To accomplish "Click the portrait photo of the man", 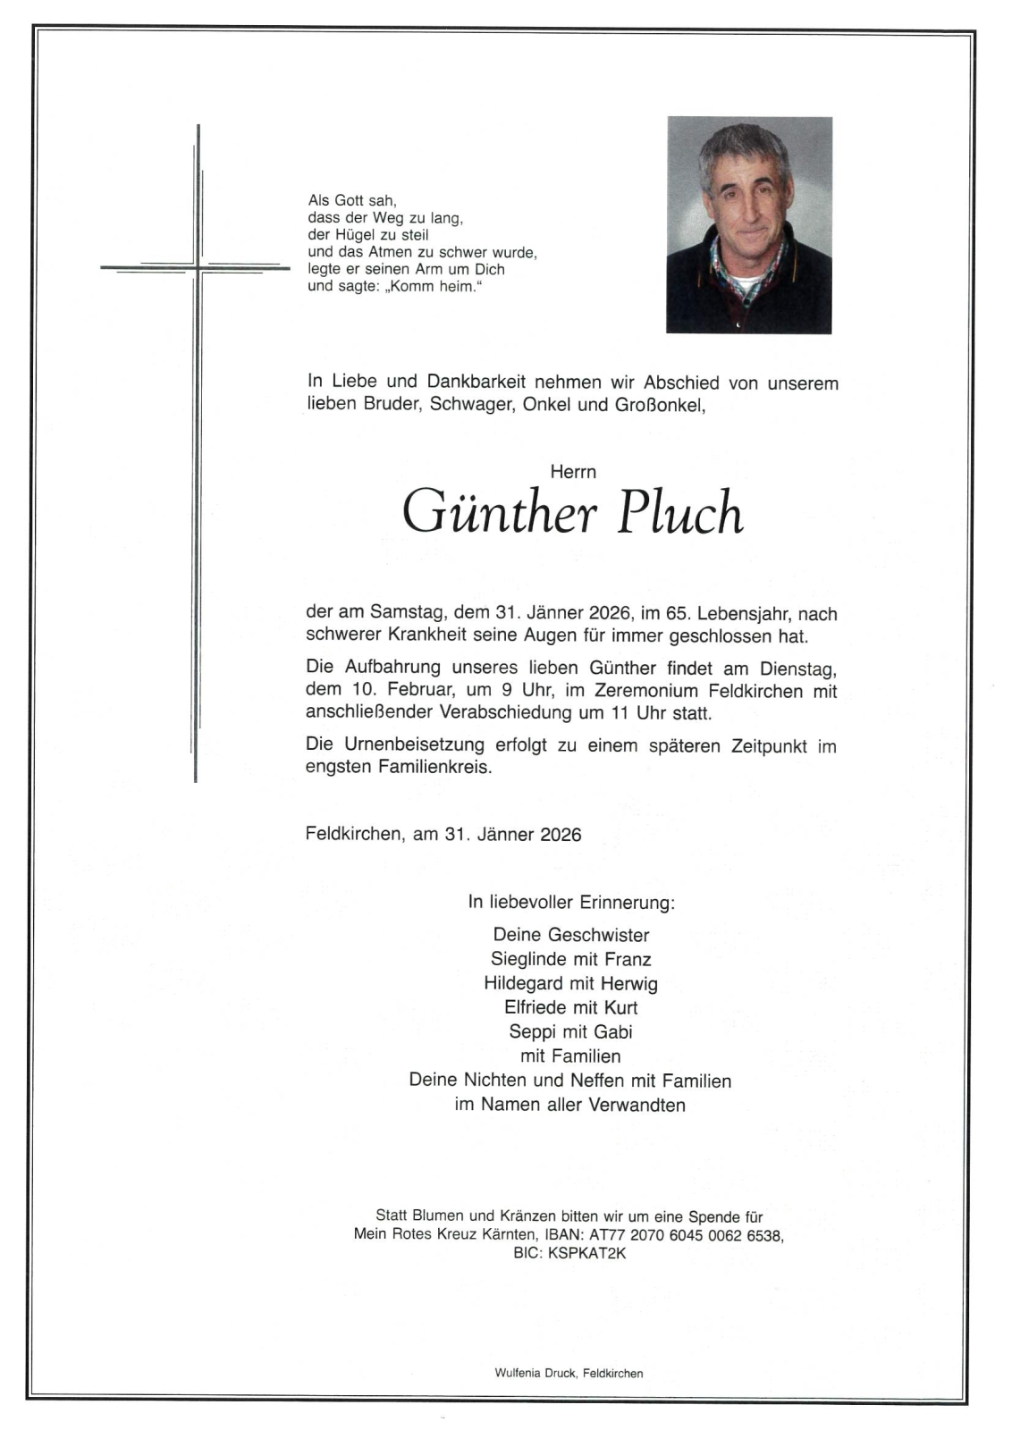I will click(749, 224).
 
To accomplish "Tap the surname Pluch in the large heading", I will click(680, 513).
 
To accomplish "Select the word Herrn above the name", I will click(573, 472).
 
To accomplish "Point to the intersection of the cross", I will click(198, 266).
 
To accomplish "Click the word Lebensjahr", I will click(744, 614).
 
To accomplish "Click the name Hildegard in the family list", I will click(524, 983).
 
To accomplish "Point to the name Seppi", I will click(532, 1031).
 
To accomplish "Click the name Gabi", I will click(613, 1031).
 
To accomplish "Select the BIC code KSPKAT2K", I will click(587, 1253).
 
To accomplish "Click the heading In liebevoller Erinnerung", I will click(571, 902).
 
